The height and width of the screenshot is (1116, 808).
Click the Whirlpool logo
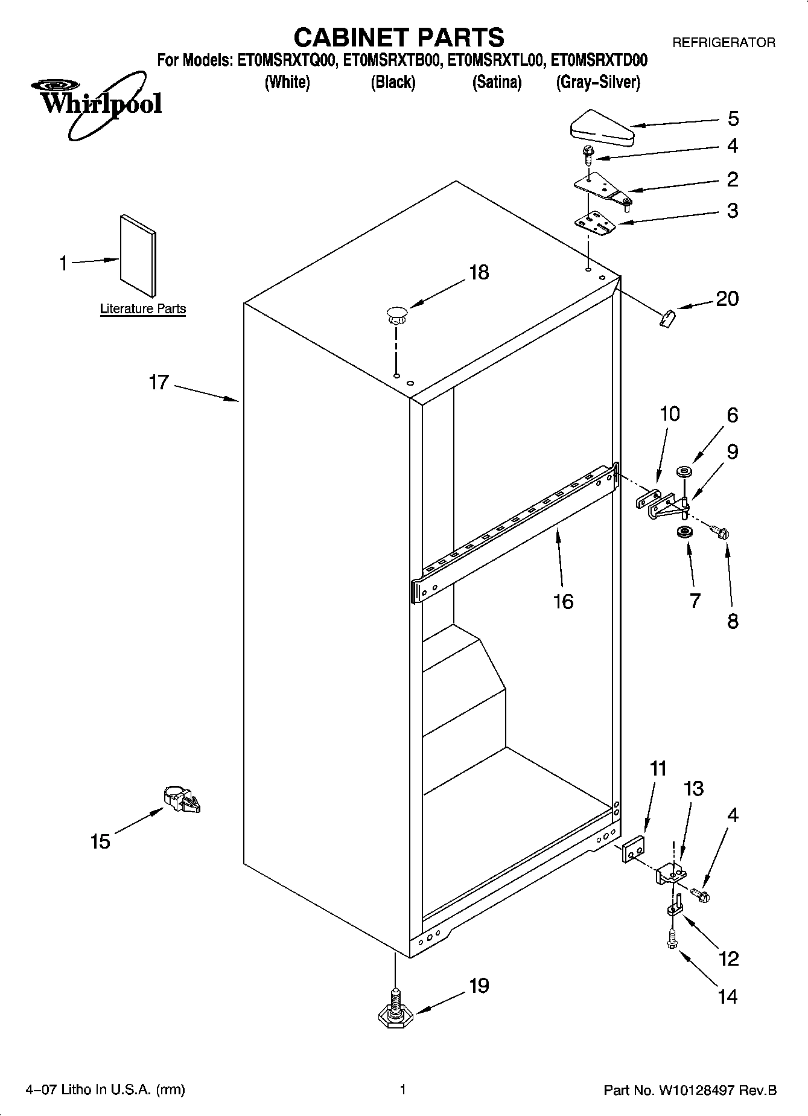click(100, 103)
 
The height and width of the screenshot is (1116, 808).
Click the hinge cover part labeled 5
click(601, 128)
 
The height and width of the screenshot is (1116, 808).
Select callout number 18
click(479, 273)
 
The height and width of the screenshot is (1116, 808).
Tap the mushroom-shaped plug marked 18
click(396, 314)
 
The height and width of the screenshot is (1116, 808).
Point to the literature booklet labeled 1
click(138, 249)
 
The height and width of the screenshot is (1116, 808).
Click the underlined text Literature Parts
click(143, 309)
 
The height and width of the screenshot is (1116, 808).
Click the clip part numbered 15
click(182, 800)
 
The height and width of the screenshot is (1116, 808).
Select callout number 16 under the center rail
click(563, 601)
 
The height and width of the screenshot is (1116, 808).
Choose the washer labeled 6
click(686, 470)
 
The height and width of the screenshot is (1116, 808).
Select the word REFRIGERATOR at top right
click(723, 43)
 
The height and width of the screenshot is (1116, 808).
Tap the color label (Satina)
click(497, 83)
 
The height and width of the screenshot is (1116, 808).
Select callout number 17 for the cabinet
click(159, 383)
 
